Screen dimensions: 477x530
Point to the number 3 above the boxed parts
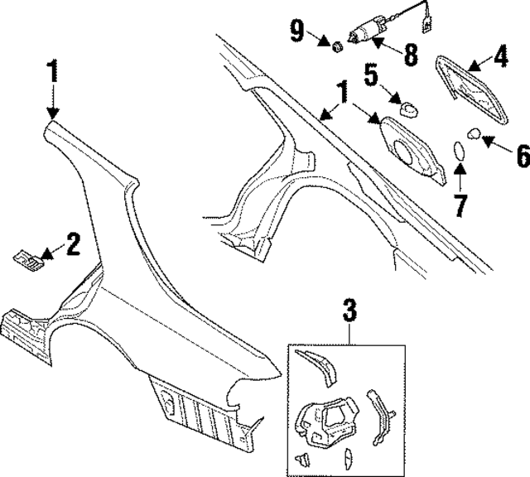[349, 311]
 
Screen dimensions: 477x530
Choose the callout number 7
[460, 204]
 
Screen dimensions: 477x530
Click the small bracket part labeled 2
[28, 260]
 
